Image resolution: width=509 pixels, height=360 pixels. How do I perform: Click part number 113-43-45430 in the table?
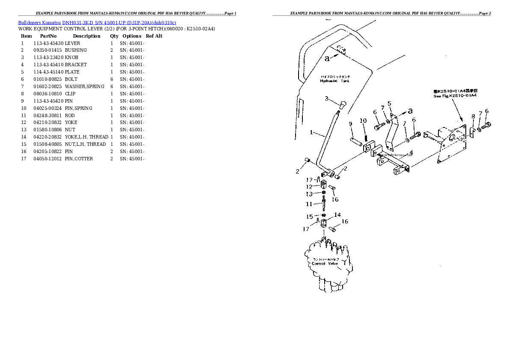(48, 43)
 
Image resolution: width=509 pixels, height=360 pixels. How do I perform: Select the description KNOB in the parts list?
(71, 58)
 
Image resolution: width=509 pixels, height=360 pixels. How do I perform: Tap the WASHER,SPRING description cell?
(84, 86)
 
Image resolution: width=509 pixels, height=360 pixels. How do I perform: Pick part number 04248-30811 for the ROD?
(48, 115)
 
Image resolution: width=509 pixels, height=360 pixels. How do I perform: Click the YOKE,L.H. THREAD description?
(86, 137)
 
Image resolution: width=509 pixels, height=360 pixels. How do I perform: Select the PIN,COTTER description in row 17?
(79, 159)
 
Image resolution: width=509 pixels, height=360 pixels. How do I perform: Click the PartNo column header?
(48, 36)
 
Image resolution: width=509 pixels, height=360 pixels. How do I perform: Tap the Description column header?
(86, 36)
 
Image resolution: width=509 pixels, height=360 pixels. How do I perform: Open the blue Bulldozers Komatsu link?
(39, 22)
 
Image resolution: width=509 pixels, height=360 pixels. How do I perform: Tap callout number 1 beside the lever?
(312, 133)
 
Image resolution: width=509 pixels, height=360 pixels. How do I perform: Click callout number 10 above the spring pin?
(363, 121)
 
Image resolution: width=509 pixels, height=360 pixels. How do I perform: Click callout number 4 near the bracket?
(411, 152)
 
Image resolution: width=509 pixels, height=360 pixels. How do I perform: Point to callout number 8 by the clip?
(473, 116)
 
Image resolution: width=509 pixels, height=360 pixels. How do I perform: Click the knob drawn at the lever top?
(343, 105)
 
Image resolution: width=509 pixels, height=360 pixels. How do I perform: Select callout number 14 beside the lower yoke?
(337, 215)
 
